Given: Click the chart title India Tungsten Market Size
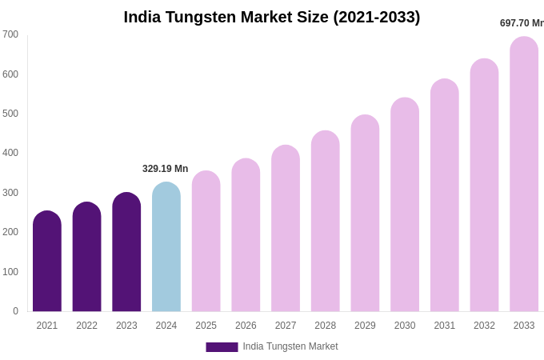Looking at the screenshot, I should click(271, 17).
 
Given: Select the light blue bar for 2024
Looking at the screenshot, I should click(166, 248).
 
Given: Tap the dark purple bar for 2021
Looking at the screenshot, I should click(47, 262).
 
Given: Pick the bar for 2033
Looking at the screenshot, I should click(524, 176).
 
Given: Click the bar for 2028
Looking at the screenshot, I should click(326, 222).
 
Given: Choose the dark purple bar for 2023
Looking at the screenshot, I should click(126, 253).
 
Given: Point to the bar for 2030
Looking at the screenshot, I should click(405, 206).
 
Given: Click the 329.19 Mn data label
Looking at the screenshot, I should click(165, 169).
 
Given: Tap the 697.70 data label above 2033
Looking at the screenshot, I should click(521, 23).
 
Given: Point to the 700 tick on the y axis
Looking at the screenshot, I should click(10, 34).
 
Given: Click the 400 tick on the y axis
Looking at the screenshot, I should click(10, 153).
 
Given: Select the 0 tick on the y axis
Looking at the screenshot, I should click(15, 311).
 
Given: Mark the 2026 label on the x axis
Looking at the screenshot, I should click(246, 326).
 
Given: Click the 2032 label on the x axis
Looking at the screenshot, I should click(484, 326).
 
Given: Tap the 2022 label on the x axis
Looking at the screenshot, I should click(86, 326).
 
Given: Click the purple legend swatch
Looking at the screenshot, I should click(222, 347).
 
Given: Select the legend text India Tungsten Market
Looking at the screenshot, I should click(290, 346).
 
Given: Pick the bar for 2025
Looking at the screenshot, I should click(206, 242).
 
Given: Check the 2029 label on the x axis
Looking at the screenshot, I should click(365, 326).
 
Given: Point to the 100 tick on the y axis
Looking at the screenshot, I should click(10, 272).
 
